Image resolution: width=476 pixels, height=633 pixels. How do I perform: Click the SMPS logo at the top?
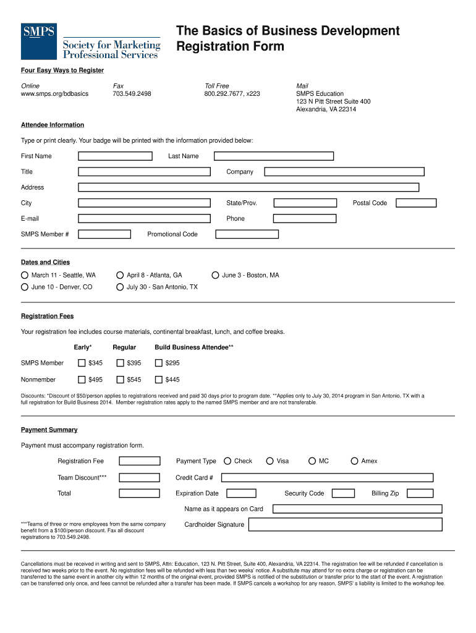pos(91,41)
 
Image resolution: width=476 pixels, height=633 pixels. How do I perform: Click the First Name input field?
pos(117,156)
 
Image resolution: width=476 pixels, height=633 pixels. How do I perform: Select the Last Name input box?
pos(273,156)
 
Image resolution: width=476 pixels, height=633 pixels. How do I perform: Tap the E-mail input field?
pos(144,219)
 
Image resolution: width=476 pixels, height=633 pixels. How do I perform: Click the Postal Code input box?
pos(416,203)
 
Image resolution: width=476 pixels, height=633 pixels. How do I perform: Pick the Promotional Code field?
pos(247,234)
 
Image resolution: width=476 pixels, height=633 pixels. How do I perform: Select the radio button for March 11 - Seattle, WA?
pos(25,275)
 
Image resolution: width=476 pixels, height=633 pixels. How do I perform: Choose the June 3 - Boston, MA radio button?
pos(215,275)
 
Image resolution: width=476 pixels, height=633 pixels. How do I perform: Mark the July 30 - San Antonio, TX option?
pos(120,287)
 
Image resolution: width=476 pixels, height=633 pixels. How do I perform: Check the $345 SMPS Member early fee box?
pos(82,363)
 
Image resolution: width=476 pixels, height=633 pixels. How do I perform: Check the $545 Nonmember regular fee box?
pos(120,380)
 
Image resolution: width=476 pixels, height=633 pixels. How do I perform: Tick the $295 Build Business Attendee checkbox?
pos(159,363)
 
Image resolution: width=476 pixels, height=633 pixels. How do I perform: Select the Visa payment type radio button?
pos(270,461)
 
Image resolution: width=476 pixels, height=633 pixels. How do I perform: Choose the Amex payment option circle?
pos(354,461)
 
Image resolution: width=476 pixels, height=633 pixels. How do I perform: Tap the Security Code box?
pos(343,493)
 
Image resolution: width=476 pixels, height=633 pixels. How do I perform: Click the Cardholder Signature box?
pos(346,525)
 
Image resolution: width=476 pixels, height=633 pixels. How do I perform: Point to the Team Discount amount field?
pos(139,478)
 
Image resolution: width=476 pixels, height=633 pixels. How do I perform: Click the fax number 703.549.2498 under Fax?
pos(132,94)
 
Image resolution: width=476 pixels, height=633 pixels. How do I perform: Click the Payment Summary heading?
pos(49,430)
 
